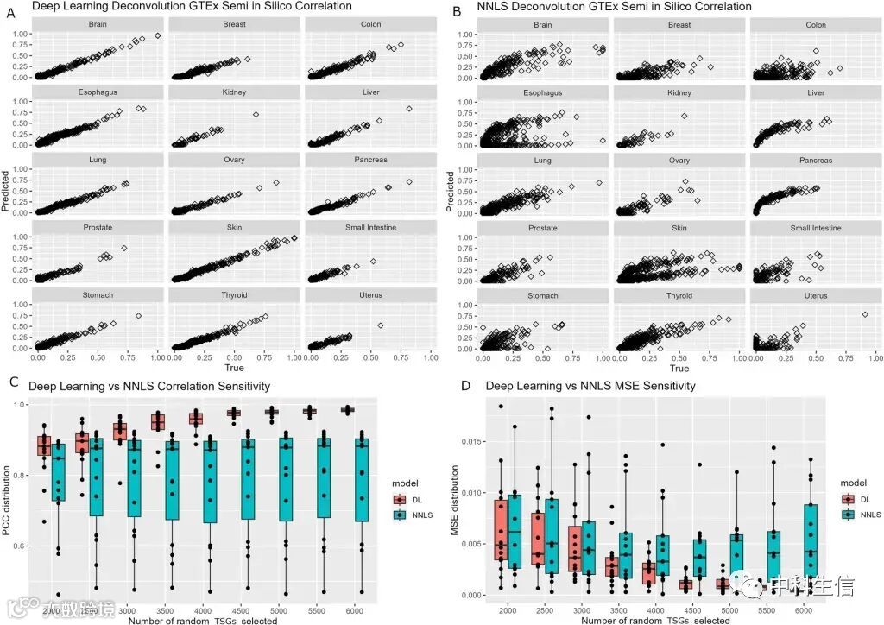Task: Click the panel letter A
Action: tap(10, 8)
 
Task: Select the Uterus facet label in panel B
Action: tap(816, 295)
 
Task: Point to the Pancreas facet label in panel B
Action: tap(816, 160)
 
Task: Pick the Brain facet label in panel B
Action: tap(543, 24)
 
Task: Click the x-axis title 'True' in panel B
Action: tap(679, 369)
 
